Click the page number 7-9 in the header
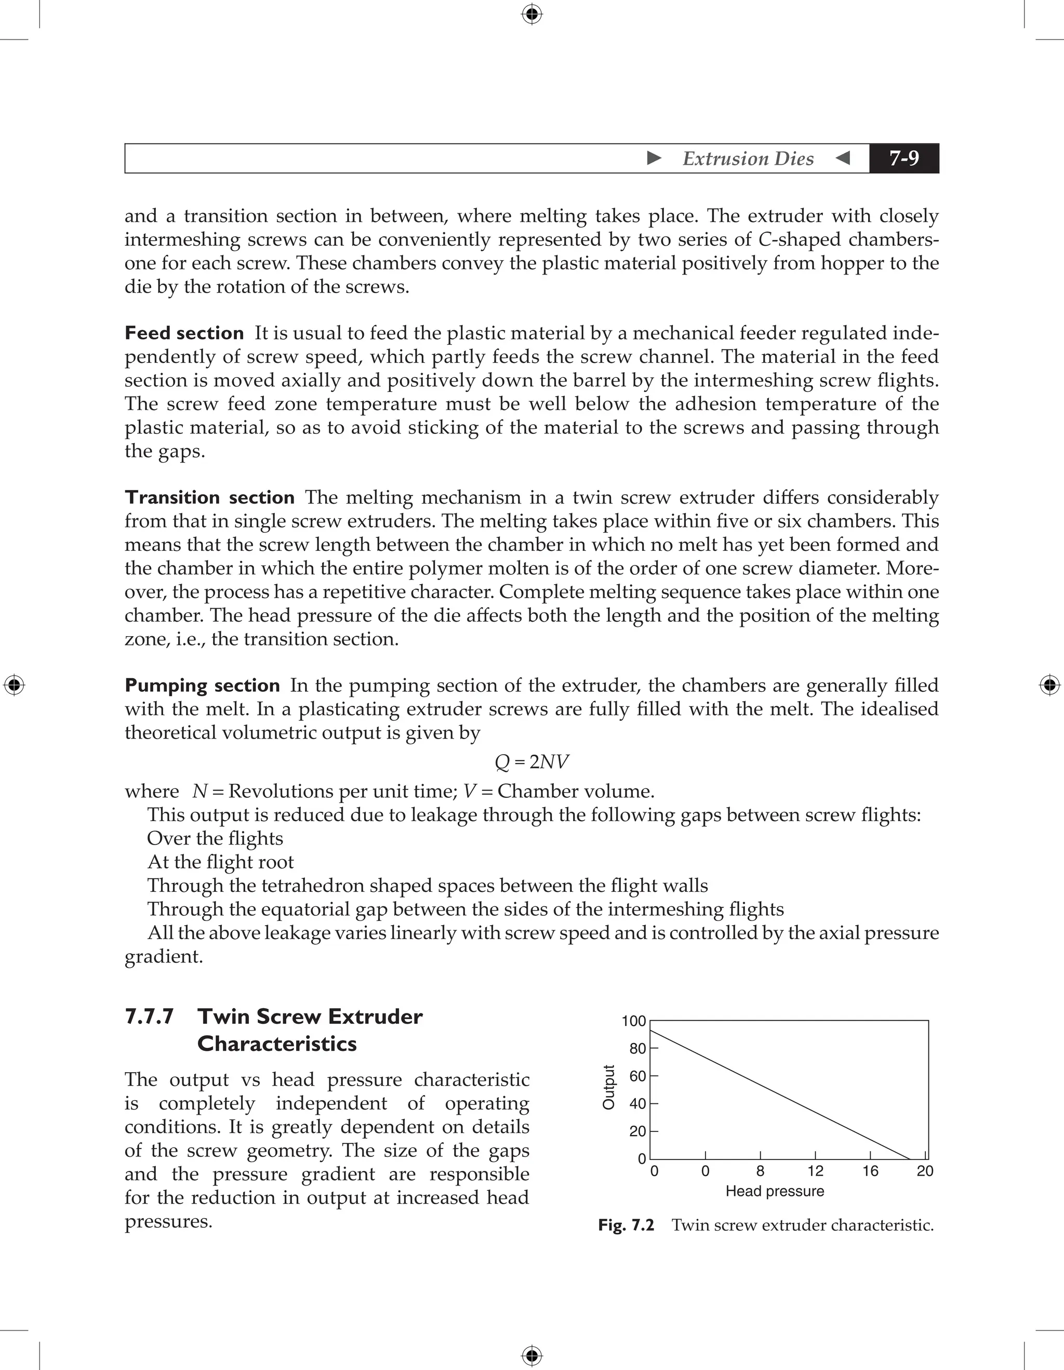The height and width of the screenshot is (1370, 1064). [903, 158]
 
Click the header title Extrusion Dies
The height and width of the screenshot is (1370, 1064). [748, 159]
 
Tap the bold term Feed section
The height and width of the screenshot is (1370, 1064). [184, 333]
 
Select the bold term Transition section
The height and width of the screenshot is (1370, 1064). [209, 497]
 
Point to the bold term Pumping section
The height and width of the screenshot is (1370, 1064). [203, 685]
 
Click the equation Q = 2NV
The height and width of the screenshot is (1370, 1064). [531, 761]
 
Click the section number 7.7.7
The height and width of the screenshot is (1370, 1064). [149, 1017]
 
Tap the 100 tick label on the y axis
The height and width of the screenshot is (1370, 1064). [633, 1021]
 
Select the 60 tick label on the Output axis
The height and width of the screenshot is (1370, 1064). [637, 1076]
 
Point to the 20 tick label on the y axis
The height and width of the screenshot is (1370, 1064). [637, 1131]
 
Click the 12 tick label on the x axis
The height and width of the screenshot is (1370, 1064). [815, 1171]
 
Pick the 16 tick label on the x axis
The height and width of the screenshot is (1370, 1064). [870, 1171]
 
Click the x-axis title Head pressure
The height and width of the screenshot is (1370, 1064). [775, 1191]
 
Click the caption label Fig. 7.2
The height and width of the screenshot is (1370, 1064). [626, 1225]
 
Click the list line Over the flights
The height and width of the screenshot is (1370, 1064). [215, 839]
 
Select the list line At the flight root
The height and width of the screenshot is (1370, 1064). [220, 863]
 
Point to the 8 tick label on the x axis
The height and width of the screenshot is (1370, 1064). [761, 1171]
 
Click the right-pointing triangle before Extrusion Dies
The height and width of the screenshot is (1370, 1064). [654, 158]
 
